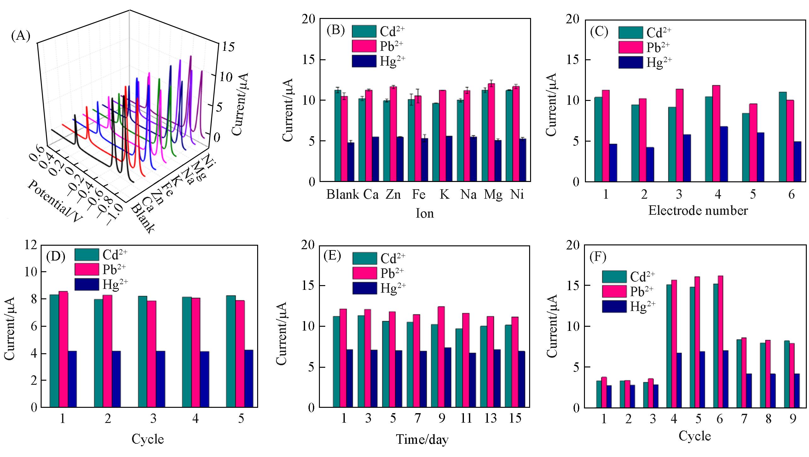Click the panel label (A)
tap(20, 36)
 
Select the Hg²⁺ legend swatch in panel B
tap(364, 61)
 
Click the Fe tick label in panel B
tap(419, 195)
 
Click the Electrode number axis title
tap(698, 211)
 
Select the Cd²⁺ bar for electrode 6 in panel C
tap(783, 137)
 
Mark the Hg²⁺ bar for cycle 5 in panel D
tap(249, 378)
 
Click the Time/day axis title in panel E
tap(422, 439)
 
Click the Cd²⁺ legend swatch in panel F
tap(614, 277)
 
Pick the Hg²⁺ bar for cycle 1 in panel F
tap(609, 396)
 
